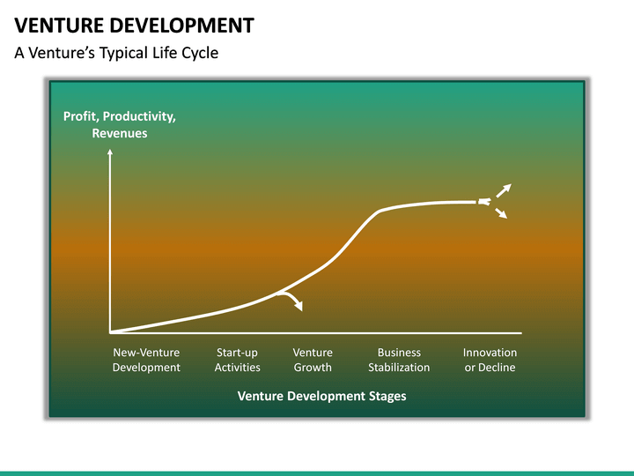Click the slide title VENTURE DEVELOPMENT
[135, 25]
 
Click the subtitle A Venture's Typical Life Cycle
[116, 53]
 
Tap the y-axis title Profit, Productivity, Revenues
[119, 125]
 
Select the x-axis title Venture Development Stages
[321, 396]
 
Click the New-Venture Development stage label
[146, 360]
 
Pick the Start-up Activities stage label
[237, 360]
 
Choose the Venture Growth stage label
[313, 360]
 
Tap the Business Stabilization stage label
[399, 360]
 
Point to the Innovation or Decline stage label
[490, 360]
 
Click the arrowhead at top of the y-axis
[110, 152]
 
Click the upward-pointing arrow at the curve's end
[504, 189]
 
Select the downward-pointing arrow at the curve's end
[502, 214]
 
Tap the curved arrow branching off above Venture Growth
[293, 301]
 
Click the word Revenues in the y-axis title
[120, 133]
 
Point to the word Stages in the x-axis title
[387, 396]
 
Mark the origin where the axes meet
[110, 333]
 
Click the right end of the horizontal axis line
[520, 333]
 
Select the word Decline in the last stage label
[498, 367]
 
